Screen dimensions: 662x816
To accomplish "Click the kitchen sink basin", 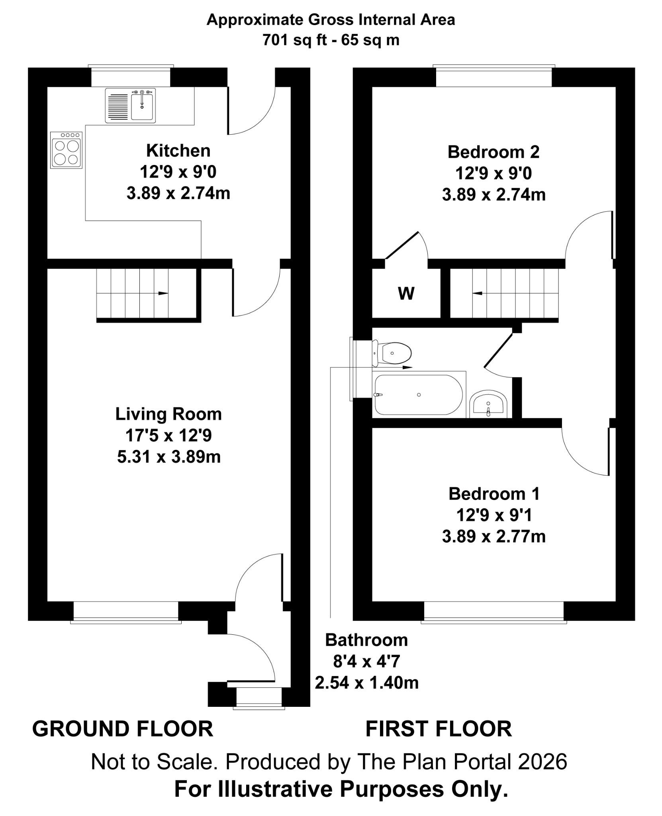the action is point(142,105).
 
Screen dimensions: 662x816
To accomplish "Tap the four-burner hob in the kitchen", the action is point(67,150).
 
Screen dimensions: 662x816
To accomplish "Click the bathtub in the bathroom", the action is point(419,394).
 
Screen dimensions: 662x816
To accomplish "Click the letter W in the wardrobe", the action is point(406,294).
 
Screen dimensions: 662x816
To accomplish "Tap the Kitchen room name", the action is point(178,151).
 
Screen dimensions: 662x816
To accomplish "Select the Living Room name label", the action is point(168,414).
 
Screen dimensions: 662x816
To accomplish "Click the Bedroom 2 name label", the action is point(494,152).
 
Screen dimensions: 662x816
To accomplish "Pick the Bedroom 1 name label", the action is point(494,494).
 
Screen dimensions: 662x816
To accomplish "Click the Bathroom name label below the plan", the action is point(366,640).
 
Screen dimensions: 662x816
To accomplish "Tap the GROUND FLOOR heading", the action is point(123,729).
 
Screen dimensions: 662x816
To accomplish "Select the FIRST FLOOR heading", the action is point(439,729).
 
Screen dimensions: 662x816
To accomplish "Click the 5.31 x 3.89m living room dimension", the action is point(169,457).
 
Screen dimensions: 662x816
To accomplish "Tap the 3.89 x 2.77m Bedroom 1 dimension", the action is point(494,536).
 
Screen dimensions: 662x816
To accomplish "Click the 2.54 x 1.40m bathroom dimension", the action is point(367,683).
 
